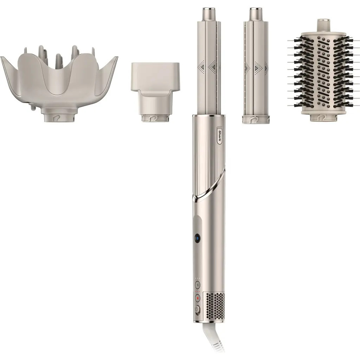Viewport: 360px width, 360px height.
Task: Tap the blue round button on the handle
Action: coord(197,238)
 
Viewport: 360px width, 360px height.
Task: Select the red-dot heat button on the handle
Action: coord(198,298)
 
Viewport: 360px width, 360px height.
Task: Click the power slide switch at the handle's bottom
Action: coord(197,310)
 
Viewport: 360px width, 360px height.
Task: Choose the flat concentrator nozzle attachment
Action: coord(155,88)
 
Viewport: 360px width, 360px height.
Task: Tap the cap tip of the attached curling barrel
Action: coord(209,14)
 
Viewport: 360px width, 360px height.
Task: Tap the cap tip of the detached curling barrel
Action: coord(256,14)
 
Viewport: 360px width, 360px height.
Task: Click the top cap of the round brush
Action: coord(323,24)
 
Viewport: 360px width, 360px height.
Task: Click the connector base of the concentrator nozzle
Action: coord(155,117)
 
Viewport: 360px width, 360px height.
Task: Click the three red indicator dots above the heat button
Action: coord(198,291)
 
